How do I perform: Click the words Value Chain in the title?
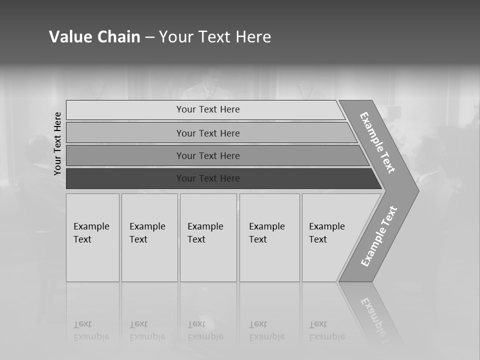click(x=94, y=37)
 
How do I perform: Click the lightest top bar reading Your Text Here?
click(x=208, y=109)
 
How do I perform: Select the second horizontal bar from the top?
click(x=208, y=133)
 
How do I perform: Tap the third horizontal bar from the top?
click(x=208, y=155)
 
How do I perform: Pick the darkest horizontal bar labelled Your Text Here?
click(x=208, y=178)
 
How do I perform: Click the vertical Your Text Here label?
click(x=57, y=143)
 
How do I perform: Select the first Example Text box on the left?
click(x=92, y=237)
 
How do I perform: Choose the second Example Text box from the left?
click(x=149, y=237)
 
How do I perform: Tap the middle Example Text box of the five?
click(x=208, y=237)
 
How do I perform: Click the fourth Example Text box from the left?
click(x=269, y=237)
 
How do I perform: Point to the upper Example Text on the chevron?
click(x=377, y=142)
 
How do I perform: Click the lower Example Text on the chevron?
click(x=378, y=236)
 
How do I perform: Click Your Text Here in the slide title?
click(x=215, y=37)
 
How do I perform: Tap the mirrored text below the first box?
click(x=91, y=330)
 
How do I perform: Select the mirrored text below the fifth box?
click(x=326, y=330)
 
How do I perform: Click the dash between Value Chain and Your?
click(x=149, y=37)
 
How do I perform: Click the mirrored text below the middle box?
click(x=205, y=330)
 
